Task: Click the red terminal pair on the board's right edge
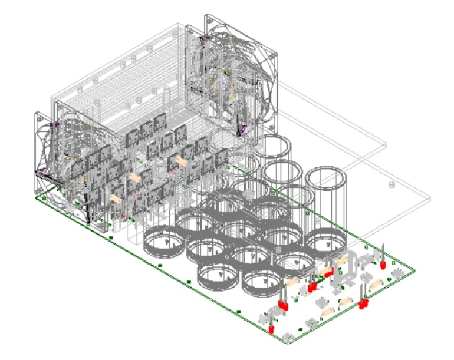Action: pos(363,304)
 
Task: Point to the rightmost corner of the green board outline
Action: pos(416,270)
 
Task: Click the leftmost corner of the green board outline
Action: pos(37,198)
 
